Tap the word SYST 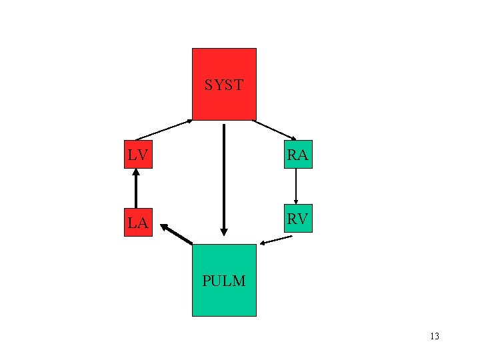[224, 85]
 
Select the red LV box [138, 154]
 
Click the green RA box [297, 154]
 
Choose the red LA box [138, 221]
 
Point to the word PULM [224, 281]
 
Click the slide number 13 [435, 336]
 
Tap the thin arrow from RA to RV [296, 185]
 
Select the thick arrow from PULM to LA [177, 234]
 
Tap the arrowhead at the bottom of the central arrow [224, 232]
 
